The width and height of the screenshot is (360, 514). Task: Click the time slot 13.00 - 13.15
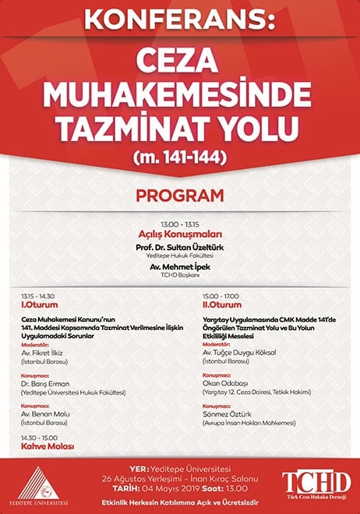pos(179,222)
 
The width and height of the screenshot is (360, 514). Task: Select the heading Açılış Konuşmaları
pos(179,234)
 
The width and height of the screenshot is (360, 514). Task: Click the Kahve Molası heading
pos(47,447)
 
